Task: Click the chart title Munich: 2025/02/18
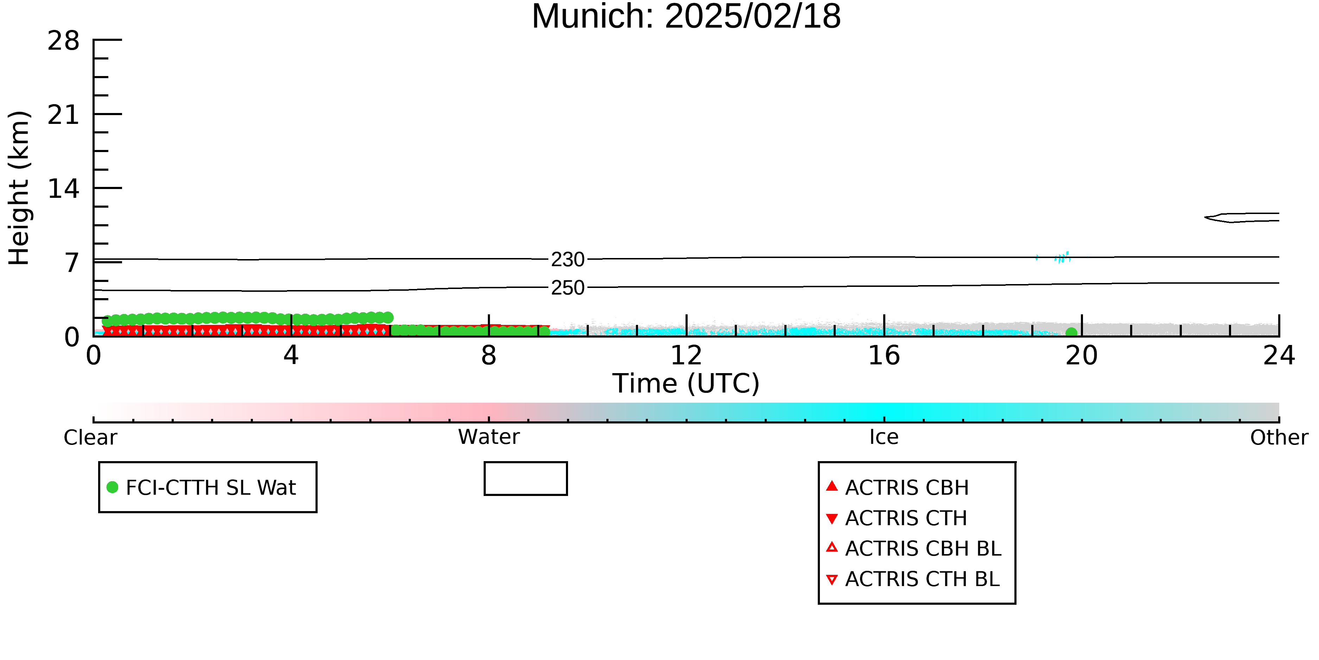point(686,17)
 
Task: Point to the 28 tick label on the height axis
point(64,40)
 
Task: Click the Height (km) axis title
point(19,188)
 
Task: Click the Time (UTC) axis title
point(686,383)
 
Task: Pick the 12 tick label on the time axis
point(686,356)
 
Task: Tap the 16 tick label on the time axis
point(884,356)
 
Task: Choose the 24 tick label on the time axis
point(1279,356)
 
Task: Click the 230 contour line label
point(568,260)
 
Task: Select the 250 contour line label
point(568,288)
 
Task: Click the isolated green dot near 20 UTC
point(1071,333)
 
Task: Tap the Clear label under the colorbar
point(90,438)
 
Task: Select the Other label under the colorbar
point(1279,438)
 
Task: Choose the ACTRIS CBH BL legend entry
point(914,548)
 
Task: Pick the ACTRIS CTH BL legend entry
point(913,579)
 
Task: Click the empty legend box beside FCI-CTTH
point(525,463)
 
